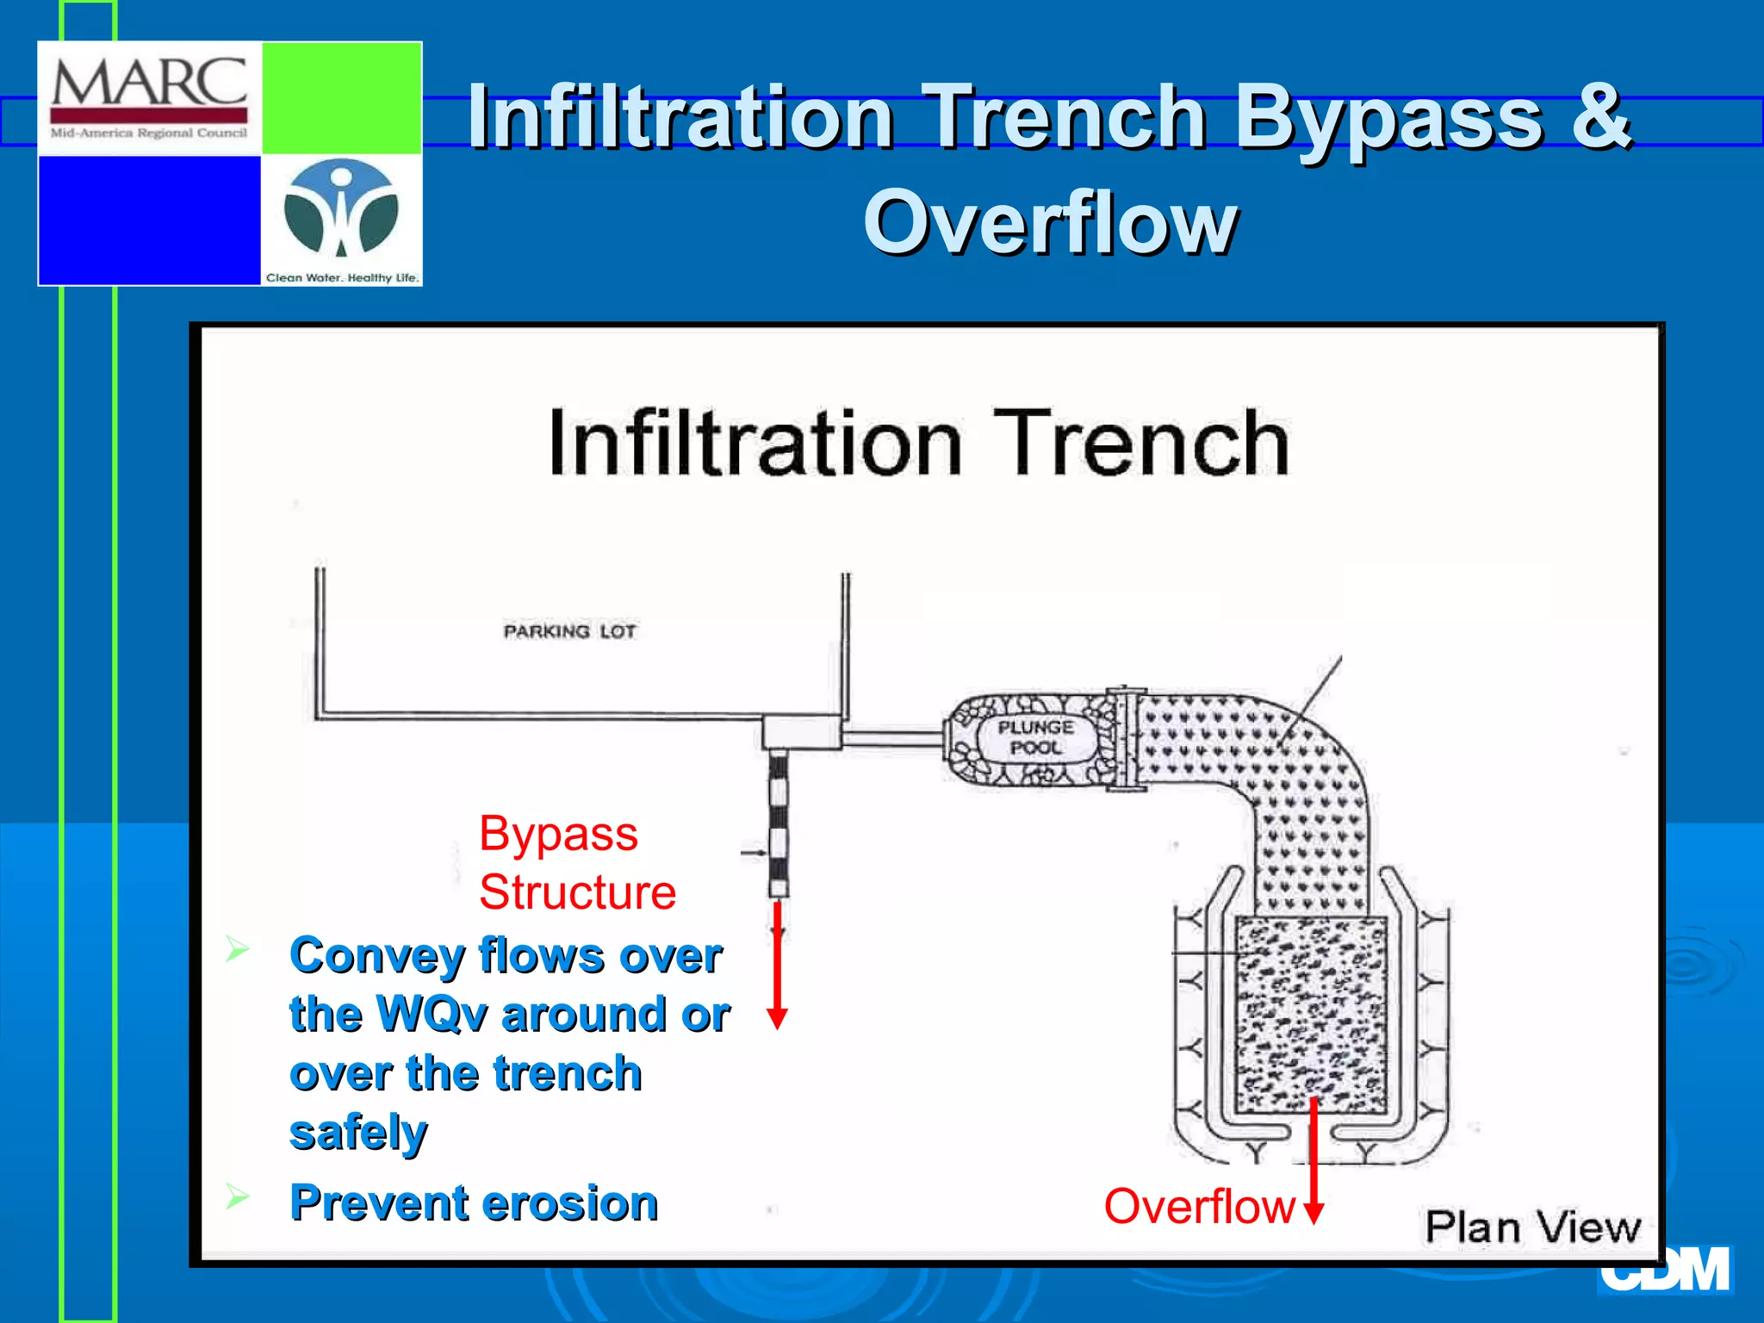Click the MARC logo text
[149, 83]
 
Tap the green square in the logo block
[341, 98]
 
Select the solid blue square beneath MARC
[149, 220]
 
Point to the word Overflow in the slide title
[1050, 224]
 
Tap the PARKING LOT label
[569, 631]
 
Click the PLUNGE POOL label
[1036, 737]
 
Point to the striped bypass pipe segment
[779, 823]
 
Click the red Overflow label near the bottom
[1199, 1206]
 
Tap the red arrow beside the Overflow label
[1314, 1163]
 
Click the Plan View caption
[1532, 1227]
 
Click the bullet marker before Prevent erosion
[237, 1196]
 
